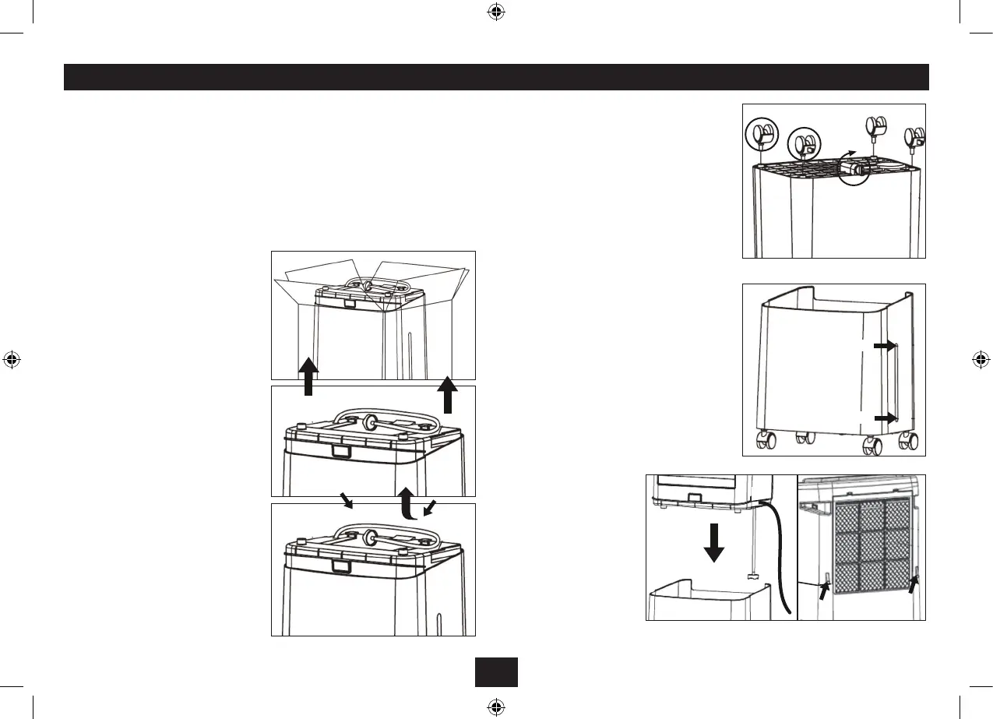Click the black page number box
click(x=496, y=672)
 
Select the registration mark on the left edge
click(x=12, y=360)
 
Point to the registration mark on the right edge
click(x=981, y=360)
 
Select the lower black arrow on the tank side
click(x=884, y=418)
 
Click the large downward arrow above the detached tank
click(x=713, y=543)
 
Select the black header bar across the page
click(x=496, y=77)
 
